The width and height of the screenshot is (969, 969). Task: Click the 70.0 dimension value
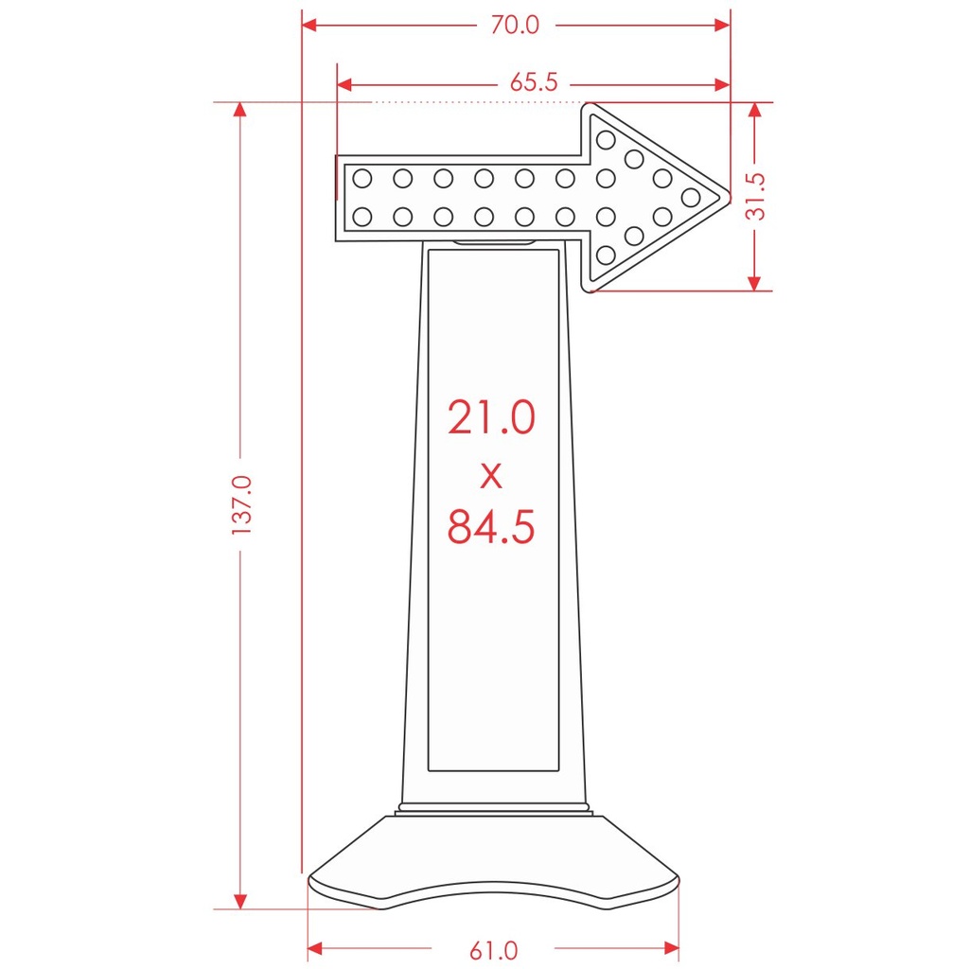tap(515, 26)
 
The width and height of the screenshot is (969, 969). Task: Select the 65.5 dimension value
tap(534, 82)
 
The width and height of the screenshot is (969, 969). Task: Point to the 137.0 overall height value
tap(241, 505)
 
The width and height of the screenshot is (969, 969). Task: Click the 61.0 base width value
tap(493, 950)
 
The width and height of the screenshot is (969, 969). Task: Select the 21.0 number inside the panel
tap(491, 417)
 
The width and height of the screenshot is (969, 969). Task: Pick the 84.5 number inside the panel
tap(491, 526)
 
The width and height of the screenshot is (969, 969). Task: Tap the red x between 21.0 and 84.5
tap(491, 476)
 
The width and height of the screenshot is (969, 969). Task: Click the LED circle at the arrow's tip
tap(690, 198)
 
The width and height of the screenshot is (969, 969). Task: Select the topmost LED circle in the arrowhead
tap(606, 140)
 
